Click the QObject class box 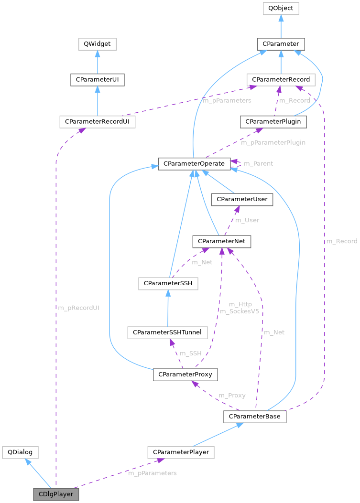281,8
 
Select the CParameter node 281,44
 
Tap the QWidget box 98,44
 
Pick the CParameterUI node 98,79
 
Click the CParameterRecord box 281,79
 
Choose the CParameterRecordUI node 98,122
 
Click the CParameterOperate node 194,163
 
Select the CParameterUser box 243,199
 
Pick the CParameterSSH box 168,284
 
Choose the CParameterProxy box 185,374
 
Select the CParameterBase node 254,417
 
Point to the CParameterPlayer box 181,452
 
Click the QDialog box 20,452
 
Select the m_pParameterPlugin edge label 273,142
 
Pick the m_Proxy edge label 232,396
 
